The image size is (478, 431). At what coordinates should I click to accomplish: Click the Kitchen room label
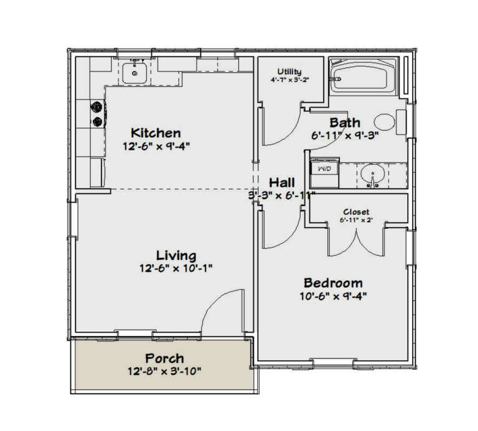point(156,132)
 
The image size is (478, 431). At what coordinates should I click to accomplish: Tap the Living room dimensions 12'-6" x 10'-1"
point(176,269)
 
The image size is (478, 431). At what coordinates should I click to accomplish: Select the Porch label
point(164,358)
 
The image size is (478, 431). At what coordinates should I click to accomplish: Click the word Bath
point(345,122)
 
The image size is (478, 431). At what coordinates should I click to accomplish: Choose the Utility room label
point(289,72)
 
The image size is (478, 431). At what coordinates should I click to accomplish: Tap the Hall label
point(282,182)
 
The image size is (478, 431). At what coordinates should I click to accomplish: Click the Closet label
point(356,211)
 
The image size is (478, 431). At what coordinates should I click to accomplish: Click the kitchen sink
point(134,73)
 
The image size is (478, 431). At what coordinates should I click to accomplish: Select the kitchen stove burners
point(98,114)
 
